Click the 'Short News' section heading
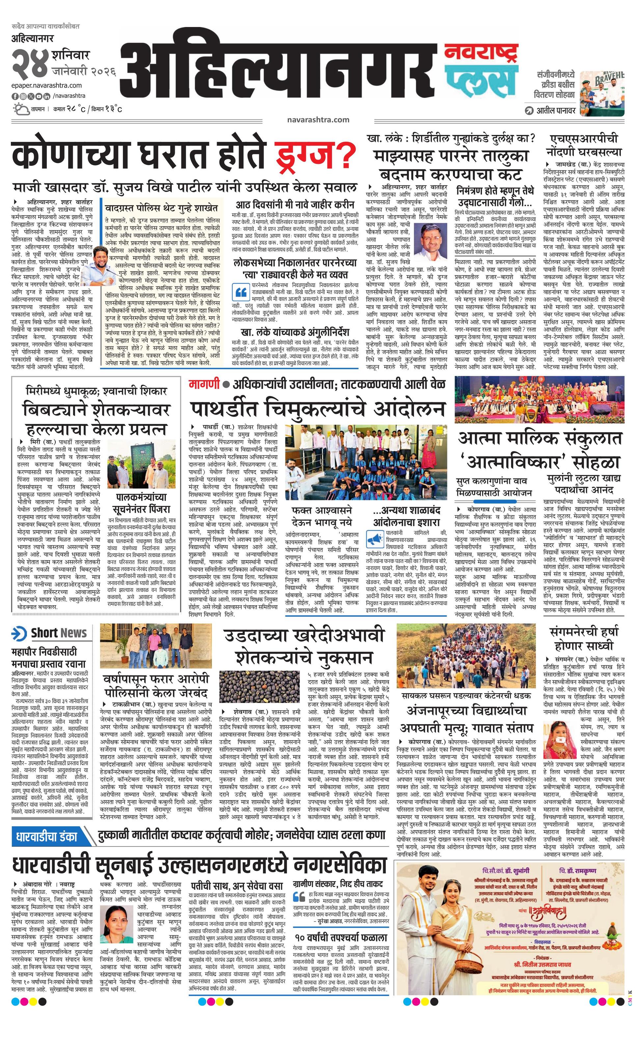tap(59, 633)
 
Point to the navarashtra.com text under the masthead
tap(318, 119)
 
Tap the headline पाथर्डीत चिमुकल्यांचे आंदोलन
tap(318, 407)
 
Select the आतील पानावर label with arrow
tap(550, 111)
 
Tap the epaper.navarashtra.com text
tap(47, 86)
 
